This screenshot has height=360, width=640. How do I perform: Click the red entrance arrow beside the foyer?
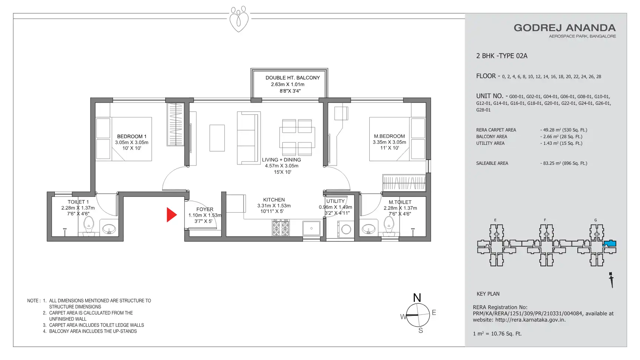point(171,215)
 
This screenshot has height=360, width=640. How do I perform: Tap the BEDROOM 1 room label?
point(132,136)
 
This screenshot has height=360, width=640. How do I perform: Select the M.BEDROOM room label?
point(389,136)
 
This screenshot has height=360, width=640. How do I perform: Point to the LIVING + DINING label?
point(281,160)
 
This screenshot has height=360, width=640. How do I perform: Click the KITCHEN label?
point(274,200)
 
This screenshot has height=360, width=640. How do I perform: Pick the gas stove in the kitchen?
point(281,228)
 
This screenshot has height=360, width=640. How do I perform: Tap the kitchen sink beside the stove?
point(311,228)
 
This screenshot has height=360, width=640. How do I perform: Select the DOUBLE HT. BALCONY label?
point(293,78)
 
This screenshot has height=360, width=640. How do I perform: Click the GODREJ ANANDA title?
point(564,28)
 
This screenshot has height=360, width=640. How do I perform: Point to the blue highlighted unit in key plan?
point(609,244)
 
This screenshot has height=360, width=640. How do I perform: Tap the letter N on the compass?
point(417,298)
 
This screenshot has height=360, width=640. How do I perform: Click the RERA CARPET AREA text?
point(496,130)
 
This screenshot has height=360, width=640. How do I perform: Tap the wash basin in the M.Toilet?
point(368,229)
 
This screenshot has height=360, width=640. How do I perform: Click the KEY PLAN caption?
point(488,294)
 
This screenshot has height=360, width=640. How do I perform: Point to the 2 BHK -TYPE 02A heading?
point(502,56)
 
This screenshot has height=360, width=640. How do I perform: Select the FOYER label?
point(205,209)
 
